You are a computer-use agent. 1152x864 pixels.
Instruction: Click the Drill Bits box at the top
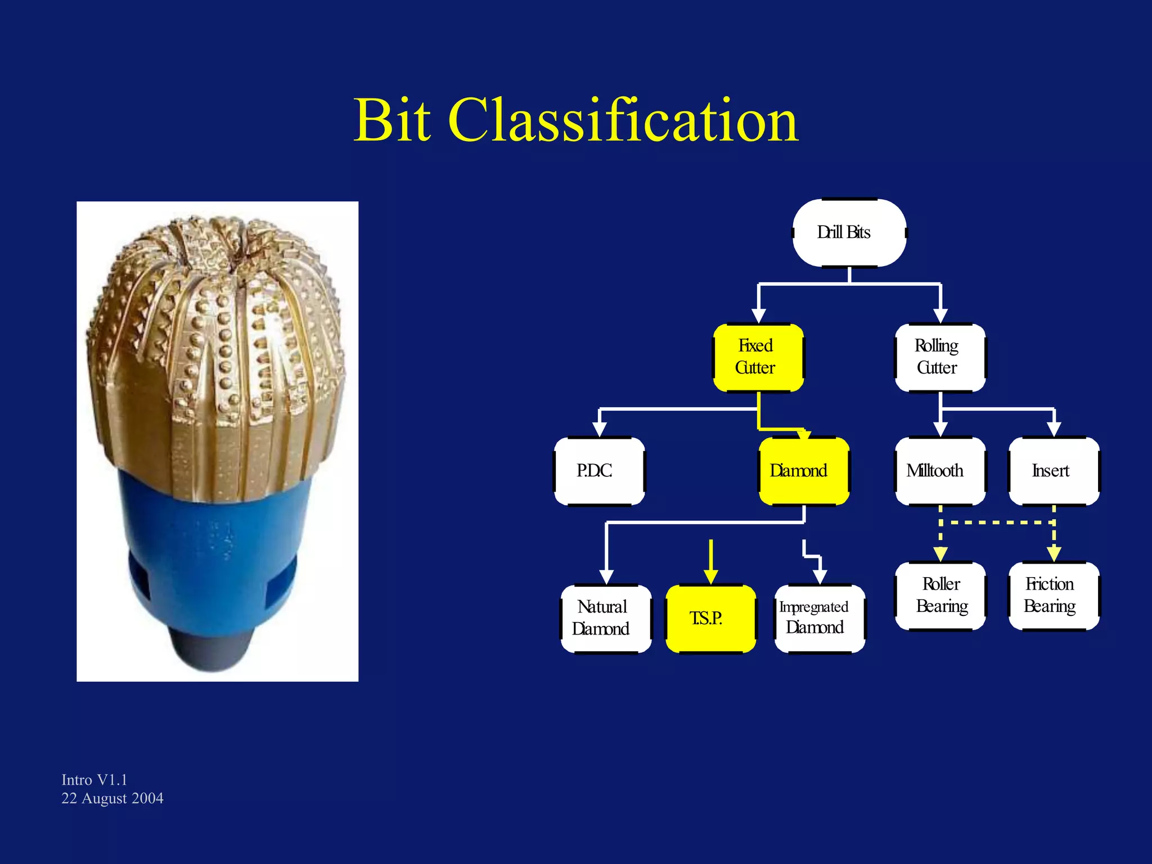[x=849, y=232]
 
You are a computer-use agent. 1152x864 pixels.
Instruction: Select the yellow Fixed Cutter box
[x=758, y=357]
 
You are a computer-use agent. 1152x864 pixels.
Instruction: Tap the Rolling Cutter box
[x=939, y=357]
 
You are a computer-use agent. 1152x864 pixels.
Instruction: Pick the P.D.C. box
[x=599, y=471]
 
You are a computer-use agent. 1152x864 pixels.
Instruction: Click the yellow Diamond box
[x=803, y=471]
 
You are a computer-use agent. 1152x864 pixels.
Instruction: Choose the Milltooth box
[x=939, y=471]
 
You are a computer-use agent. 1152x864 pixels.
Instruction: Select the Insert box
[x=1053, y=471]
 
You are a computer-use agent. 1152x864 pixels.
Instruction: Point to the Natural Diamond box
[x=606, y=618]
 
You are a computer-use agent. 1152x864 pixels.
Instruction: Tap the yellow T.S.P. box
[x=710, y=618]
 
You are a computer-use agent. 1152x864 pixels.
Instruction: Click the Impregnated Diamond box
[x=819, y=618]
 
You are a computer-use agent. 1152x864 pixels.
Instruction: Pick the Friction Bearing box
[x=1053, y=596]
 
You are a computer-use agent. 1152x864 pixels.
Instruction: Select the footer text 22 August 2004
[x=112, y=798]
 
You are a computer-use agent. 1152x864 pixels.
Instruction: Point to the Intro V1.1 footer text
[x=94, y=780]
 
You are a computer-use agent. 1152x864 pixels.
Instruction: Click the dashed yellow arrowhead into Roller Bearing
[x=940, y=555]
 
